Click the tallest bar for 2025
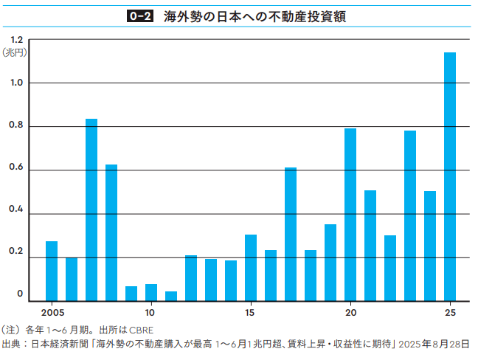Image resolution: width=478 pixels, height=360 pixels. pos(449,177)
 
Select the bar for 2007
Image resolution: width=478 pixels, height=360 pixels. pos(91,210)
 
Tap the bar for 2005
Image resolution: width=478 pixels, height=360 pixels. pos(52,271)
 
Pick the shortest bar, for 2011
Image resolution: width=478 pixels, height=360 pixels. pos(171,296)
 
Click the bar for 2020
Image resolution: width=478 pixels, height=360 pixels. pos(350,215)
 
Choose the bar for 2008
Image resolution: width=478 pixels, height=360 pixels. pos(111,232)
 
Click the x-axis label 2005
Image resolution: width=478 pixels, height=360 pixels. pos(52,312)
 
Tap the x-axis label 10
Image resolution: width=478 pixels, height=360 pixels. pos(150,312)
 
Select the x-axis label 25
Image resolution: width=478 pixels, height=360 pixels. pos(449,312)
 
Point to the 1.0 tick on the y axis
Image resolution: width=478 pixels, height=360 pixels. pos(16,83)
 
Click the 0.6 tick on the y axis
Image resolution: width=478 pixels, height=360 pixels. pos(16,170)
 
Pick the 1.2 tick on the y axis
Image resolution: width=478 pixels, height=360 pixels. pos(16,40)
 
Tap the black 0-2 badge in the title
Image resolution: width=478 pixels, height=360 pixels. pos(139,15)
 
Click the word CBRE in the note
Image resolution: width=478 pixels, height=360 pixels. pos(142,330)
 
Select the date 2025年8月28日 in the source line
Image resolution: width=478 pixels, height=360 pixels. pos(436,344)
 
